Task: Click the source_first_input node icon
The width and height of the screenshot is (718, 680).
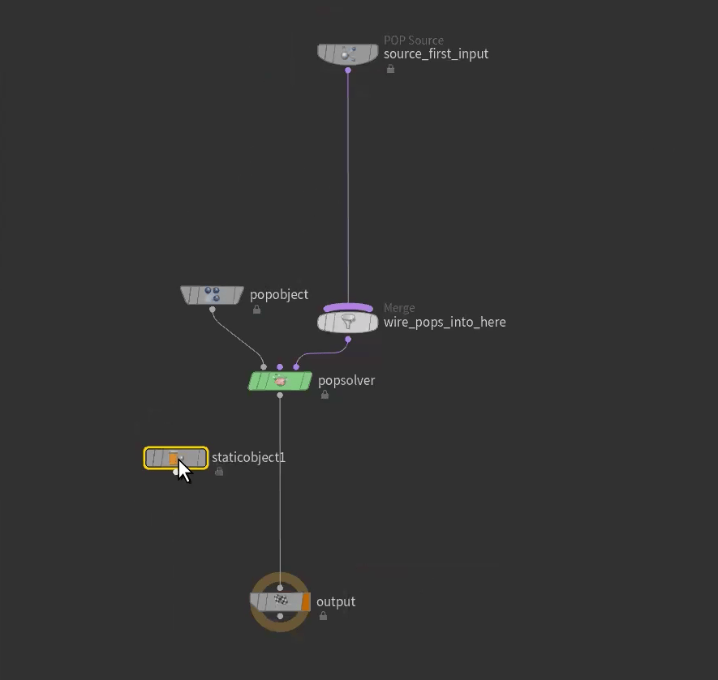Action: point(347,54)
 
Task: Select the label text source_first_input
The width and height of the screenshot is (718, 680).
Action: point(436,54)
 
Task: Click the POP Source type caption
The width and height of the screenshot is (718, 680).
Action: point(414,40)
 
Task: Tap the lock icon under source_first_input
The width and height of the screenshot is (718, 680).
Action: point(390,69)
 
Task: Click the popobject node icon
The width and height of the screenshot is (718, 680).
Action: point(212,295)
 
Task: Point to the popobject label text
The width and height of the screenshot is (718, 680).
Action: point(279,295)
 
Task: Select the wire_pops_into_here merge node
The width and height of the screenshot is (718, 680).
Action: point(347,323)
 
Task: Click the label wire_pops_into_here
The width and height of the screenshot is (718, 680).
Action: point(445,323)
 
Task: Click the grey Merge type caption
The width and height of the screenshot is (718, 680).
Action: point(399,308)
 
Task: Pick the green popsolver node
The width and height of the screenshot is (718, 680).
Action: point(280,381)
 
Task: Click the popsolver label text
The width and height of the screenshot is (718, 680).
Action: point(346,381)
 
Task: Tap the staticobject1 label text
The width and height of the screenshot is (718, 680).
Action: point(248,458)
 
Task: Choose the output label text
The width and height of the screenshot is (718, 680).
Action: point(336,602)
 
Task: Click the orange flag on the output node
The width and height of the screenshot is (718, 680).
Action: point(306,602)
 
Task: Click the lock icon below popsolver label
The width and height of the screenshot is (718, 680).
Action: point(325,395)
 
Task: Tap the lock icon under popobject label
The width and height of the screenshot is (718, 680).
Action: point(256,309)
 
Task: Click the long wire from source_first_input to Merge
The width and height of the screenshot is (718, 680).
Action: point(348,186)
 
